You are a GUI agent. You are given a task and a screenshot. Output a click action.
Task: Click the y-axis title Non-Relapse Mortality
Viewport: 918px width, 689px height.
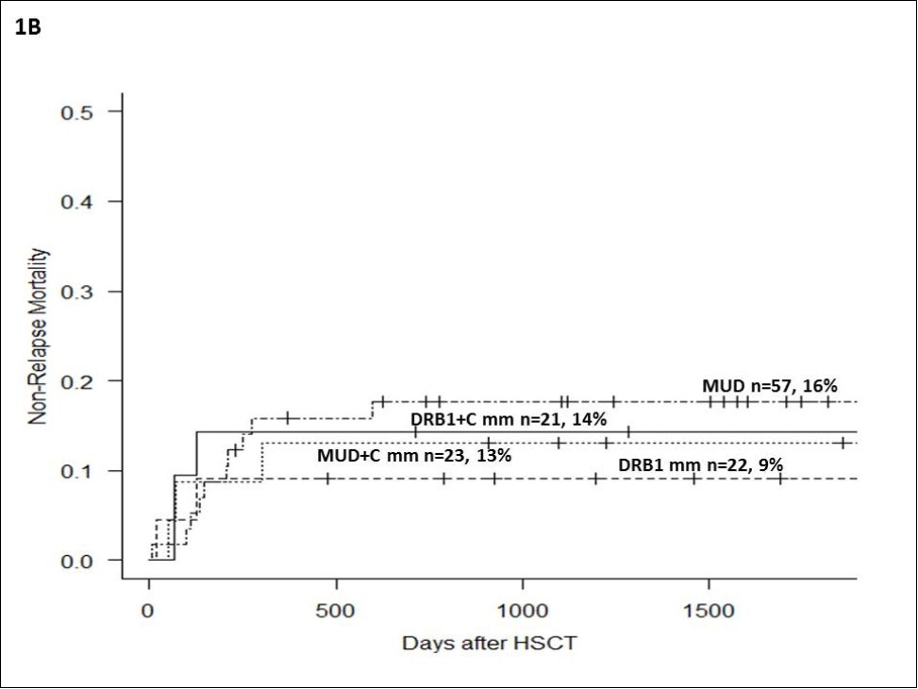38,335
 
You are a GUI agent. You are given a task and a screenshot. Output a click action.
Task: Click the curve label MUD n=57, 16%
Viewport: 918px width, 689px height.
770,385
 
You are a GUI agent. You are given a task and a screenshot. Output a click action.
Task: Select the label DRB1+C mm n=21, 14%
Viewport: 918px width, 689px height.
508,418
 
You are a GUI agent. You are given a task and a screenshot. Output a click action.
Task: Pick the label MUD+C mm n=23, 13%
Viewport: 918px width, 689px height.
414,455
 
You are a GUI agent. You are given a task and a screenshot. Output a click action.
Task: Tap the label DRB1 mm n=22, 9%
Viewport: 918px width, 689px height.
701,464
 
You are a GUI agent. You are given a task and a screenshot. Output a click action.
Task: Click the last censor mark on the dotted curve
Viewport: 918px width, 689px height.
838,443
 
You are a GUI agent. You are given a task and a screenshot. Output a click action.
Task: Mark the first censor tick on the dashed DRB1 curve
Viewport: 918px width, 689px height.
327,479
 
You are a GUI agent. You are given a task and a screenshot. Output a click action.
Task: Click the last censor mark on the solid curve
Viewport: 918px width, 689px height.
627,431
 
